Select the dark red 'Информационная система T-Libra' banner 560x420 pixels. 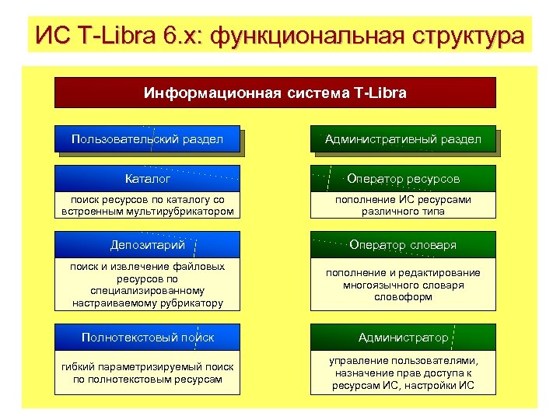pyautogui.click(x=275, y=93)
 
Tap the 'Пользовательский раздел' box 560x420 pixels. pyautogui.click(x=147, y=139)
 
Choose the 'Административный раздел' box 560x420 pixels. pyautogui.click(x=403, y=139)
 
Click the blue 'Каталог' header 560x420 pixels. pyautogui.click(x=147, y=179)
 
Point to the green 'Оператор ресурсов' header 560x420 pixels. pyautogui.click(x=403, y=179)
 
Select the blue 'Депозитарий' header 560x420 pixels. pyautogui.click(x=147, y=245)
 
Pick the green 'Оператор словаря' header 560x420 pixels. pyautogui.click(x=403, y=245)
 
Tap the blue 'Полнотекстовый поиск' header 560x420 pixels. pyautogui.click(x=147, y=337)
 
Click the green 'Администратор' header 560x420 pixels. pyautogui.click(x=403, y=337)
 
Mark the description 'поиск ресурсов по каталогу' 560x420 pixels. pyautogui.click(x=147, y=205)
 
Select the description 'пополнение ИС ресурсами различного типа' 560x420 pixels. pyautogui.click(x=403, y=205)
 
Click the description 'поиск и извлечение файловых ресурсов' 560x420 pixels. pyautogui.click(x=147, y=284)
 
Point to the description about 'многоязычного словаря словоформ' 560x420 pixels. pyautogui.click(x=403, y=285)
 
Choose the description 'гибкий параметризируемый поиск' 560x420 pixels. pyautogui.click(x=147, y=373)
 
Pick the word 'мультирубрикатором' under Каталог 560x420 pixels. pyautogui.click(x=183, y=212)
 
